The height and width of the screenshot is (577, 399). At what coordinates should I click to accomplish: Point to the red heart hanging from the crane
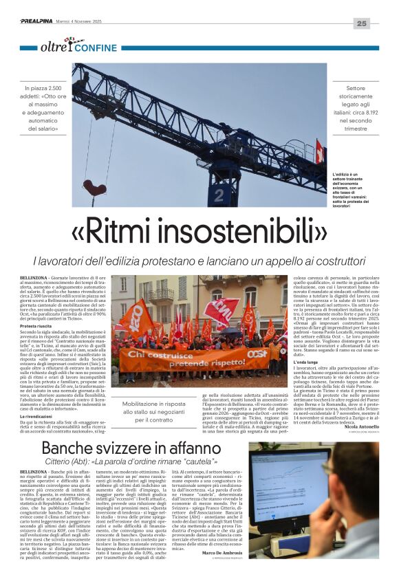pyautogui.click(x=94, y=188)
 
